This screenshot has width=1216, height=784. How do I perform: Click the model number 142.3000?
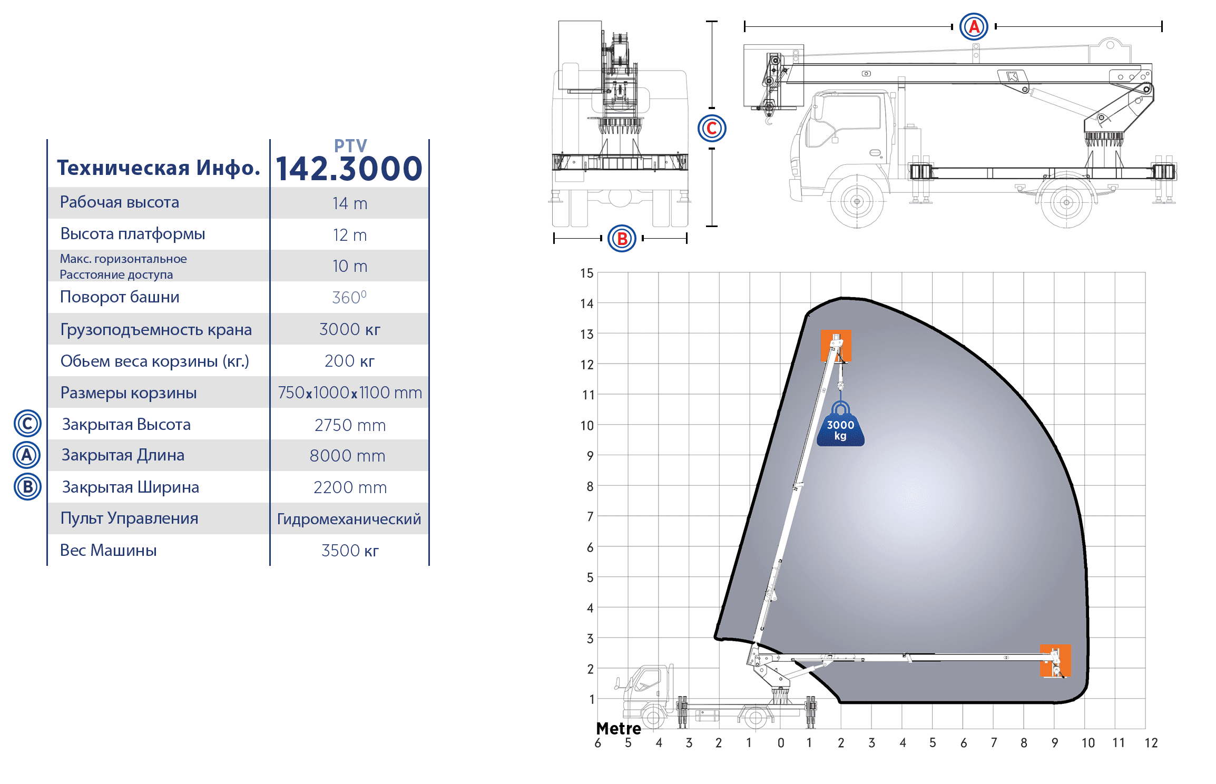point(349,169)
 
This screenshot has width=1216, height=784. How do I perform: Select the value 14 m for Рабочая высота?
point(350,203)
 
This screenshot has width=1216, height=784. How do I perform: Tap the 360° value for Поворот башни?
point(349,297)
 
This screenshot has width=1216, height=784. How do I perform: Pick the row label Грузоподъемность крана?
point(156,330)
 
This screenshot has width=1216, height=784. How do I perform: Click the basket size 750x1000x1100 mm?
point(350,393)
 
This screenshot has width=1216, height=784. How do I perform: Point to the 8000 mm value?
point(348,456)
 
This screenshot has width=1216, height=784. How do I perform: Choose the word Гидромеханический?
point(349,520)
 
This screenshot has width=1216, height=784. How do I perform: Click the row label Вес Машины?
point(109,550)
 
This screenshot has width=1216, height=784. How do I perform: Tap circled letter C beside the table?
point(27,424)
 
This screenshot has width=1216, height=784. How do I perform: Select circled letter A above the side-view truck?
point(974,26)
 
